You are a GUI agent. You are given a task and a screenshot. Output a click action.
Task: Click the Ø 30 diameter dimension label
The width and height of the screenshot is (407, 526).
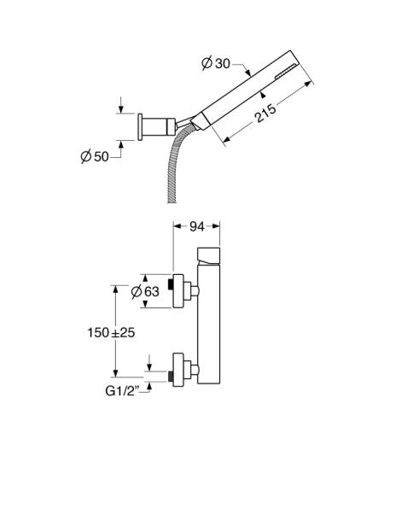click(216, 63)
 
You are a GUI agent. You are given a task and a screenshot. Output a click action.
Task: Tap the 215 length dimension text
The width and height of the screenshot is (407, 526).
click(265, 114)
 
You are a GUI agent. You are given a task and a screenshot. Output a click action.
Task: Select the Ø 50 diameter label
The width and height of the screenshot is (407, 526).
click(95, 156)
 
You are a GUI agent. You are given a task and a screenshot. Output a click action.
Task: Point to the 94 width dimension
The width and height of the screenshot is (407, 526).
click(197, 227)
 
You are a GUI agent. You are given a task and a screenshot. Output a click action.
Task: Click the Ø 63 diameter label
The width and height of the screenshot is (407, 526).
click(145, 291)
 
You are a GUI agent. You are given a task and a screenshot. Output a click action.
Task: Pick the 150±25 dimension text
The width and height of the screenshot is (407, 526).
click(111, 333)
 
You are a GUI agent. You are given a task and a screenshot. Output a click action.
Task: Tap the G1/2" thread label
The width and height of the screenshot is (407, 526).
click(122, 391)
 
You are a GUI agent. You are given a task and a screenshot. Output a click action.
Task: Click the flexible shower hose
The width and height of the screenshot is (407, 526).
click(177, 161)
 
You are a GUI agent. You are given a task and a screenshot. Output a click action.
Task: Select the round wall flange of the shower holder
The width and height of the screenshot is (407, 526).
click(140, 127)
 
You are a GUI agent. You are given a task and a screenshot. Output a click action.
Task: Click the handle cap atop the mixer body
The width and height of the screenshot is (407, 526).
click(208, 256)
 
